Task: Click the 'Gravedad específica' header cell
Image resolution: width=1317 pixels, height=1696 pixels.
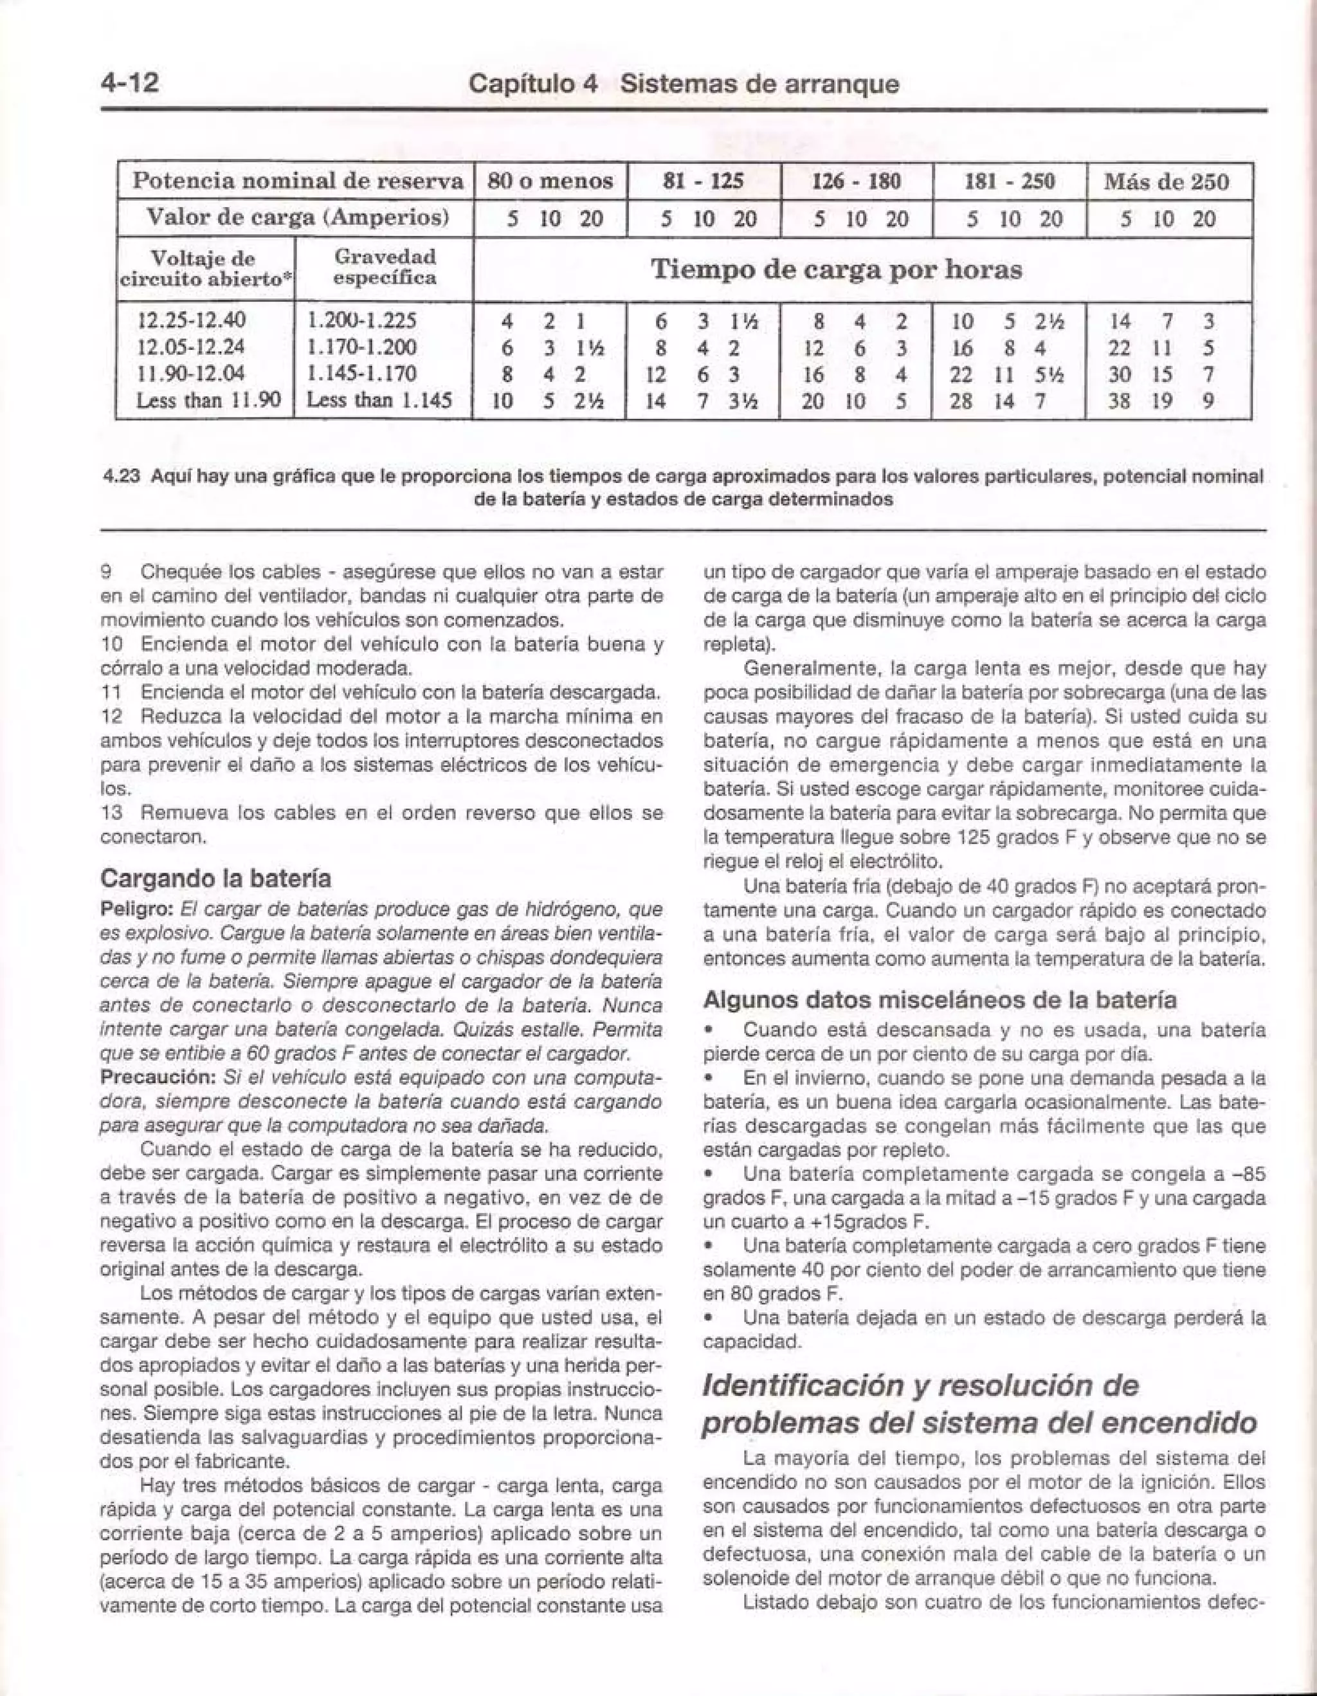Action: tap(385, 267)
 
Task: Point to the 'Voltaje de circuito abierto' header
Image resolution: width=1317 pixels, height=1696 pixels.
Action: tap(206, 269)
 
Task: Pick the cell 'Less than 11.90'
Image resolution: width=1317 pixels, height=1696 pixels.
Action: tap(206, 401)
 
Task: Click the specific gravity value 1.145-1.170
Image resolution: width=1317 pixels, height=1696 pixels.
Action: tap(362, 374)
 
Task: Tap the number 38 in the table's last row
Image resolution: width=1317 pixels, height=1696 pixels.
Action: tap(1119, 401)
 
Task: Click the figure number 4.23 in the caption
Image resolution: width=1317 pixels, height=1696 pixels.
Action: tap(120, 475)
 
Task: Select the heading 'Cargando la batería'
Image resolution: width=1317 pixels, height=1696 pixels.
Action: tap(216, 879)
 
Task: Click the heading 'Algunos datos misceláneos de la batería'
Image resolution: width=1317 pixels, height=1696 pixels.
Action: tap(939, 999)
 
